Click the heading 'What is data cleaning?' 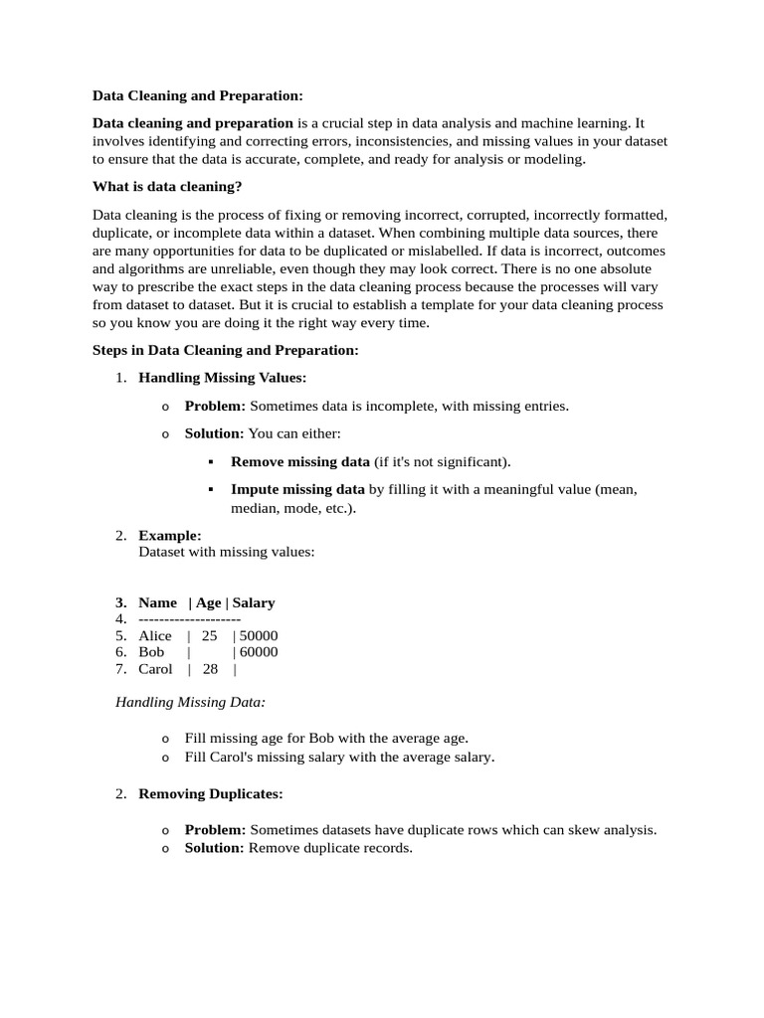tap(167, 186)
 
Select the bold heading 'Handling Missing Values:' tap(223, 378)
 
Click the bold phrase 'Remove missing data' tap(300, 461)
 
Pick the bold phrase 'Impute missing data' tap(297, 489)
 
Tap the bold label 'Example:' tap(170, 535)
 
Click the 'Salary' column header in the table tap(254, 602)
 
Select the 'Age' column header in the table tap(209, 602)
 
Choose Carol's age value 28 tap(210, 669)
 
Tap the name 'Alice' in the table tap(155, 635)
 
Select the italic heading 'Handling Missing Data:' tap(191, 702)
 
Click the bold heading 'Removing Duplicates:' tap(211, 794)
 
